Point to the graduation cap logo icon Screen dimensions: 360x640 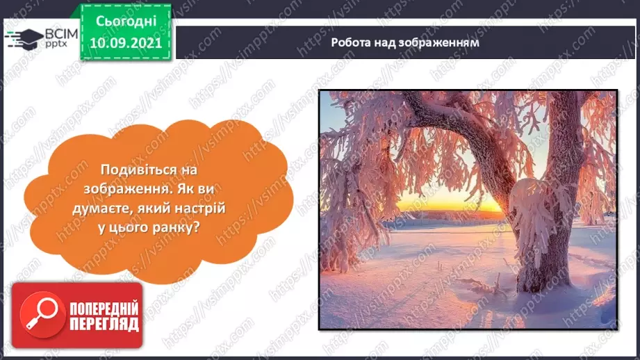pyautogui.click(x=23, y=38)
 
